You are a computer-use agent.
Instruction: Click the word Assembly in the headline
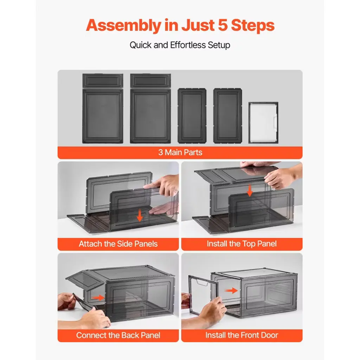(123, 25)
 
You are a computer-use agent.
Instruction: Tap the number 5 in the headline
(223, 25)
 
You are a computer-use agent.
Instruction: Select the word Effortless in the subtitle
(188, 45)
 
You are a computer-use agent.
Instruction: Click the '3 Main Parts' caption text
(180, 153)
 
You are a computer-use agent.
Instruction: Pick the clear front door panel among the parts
(263, 123)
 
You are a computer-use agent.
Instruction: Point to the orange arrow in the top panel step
(250, 190)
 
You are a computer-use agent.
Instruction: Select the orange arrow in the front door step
(231, 290)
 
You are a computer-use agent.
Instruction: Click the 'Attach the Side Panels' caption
(118, 244)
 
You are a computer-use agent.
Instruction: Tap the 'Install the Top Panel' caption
(242, 244)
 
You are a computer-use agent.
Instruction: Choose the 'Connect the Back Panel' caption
(118, 335)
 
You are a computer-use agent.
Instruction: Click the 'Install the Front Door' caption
(242, 335)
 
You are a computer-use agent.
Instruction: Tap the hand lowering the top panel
(279, 178)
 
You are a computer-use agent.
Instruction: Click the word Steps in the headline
(253, 25)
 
